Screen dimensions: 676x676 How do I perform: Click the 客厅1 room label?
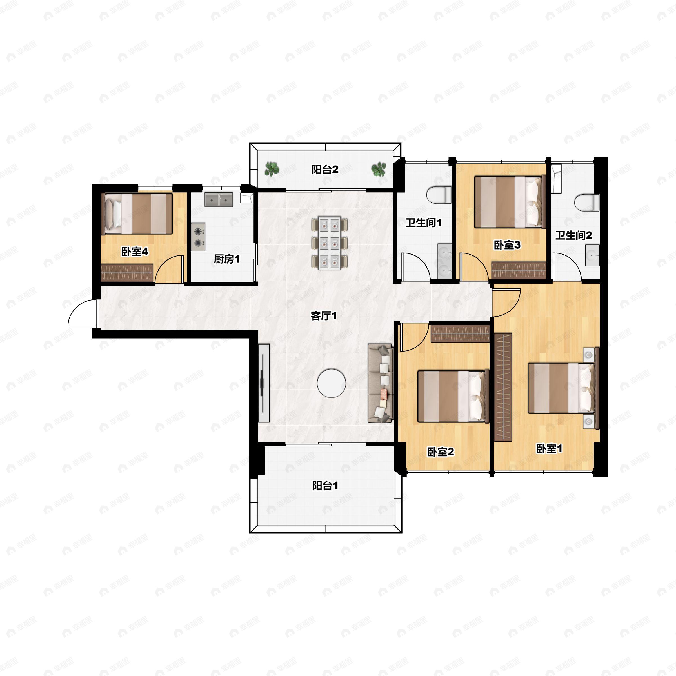coord(324,316)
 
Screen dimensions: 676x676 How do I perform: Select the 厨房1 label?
coord(227,259)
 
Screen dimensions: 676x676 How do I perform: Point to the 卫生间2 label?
coord(574,235)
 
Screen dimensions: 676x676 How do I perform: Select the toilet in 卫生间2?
coord(587,202)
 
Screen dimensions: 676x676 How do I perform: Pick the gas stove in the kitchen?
coord(198,237)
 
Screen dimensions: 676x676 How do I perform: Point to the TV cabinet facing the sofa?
coord(264,383)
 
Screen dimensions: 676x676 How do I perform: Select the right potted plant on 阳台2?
coord(379,169)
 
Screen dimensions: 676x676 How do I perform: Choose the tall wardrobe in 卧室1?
coord(503,387)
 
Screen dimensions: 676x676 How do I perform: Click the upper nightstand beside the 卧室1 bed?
coord(589,354)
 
